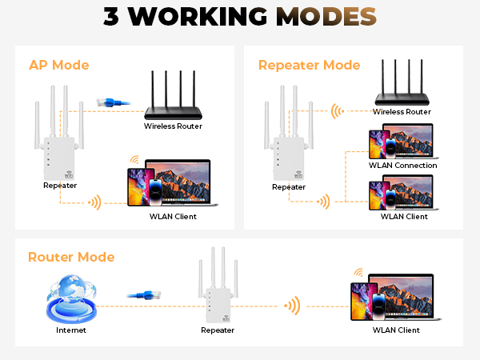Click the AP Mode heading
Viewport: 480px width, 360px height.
tap(58, 65)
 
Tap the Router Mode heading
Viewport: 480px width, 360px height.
tap(71, 257)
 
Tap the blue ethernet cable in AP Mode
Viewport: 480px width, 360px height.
tap(107, 102)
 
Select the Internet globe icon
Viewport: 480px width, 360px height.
tap(70, 297)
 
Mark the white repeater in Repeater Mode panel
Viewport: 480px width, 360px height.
tap(289, 148)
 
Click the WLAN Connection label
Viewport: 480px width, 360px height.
tap(402, 166)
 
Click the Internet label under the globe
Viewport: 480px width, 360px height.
tap(70, 330)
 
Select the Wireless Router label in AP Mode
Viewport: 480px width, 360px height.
tap(173, 126)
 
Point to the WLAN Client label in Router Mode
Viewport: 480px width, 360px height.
tap(396, 330)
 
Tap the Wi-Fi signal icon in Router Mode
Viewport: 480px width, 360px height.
tap(294, 305)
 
